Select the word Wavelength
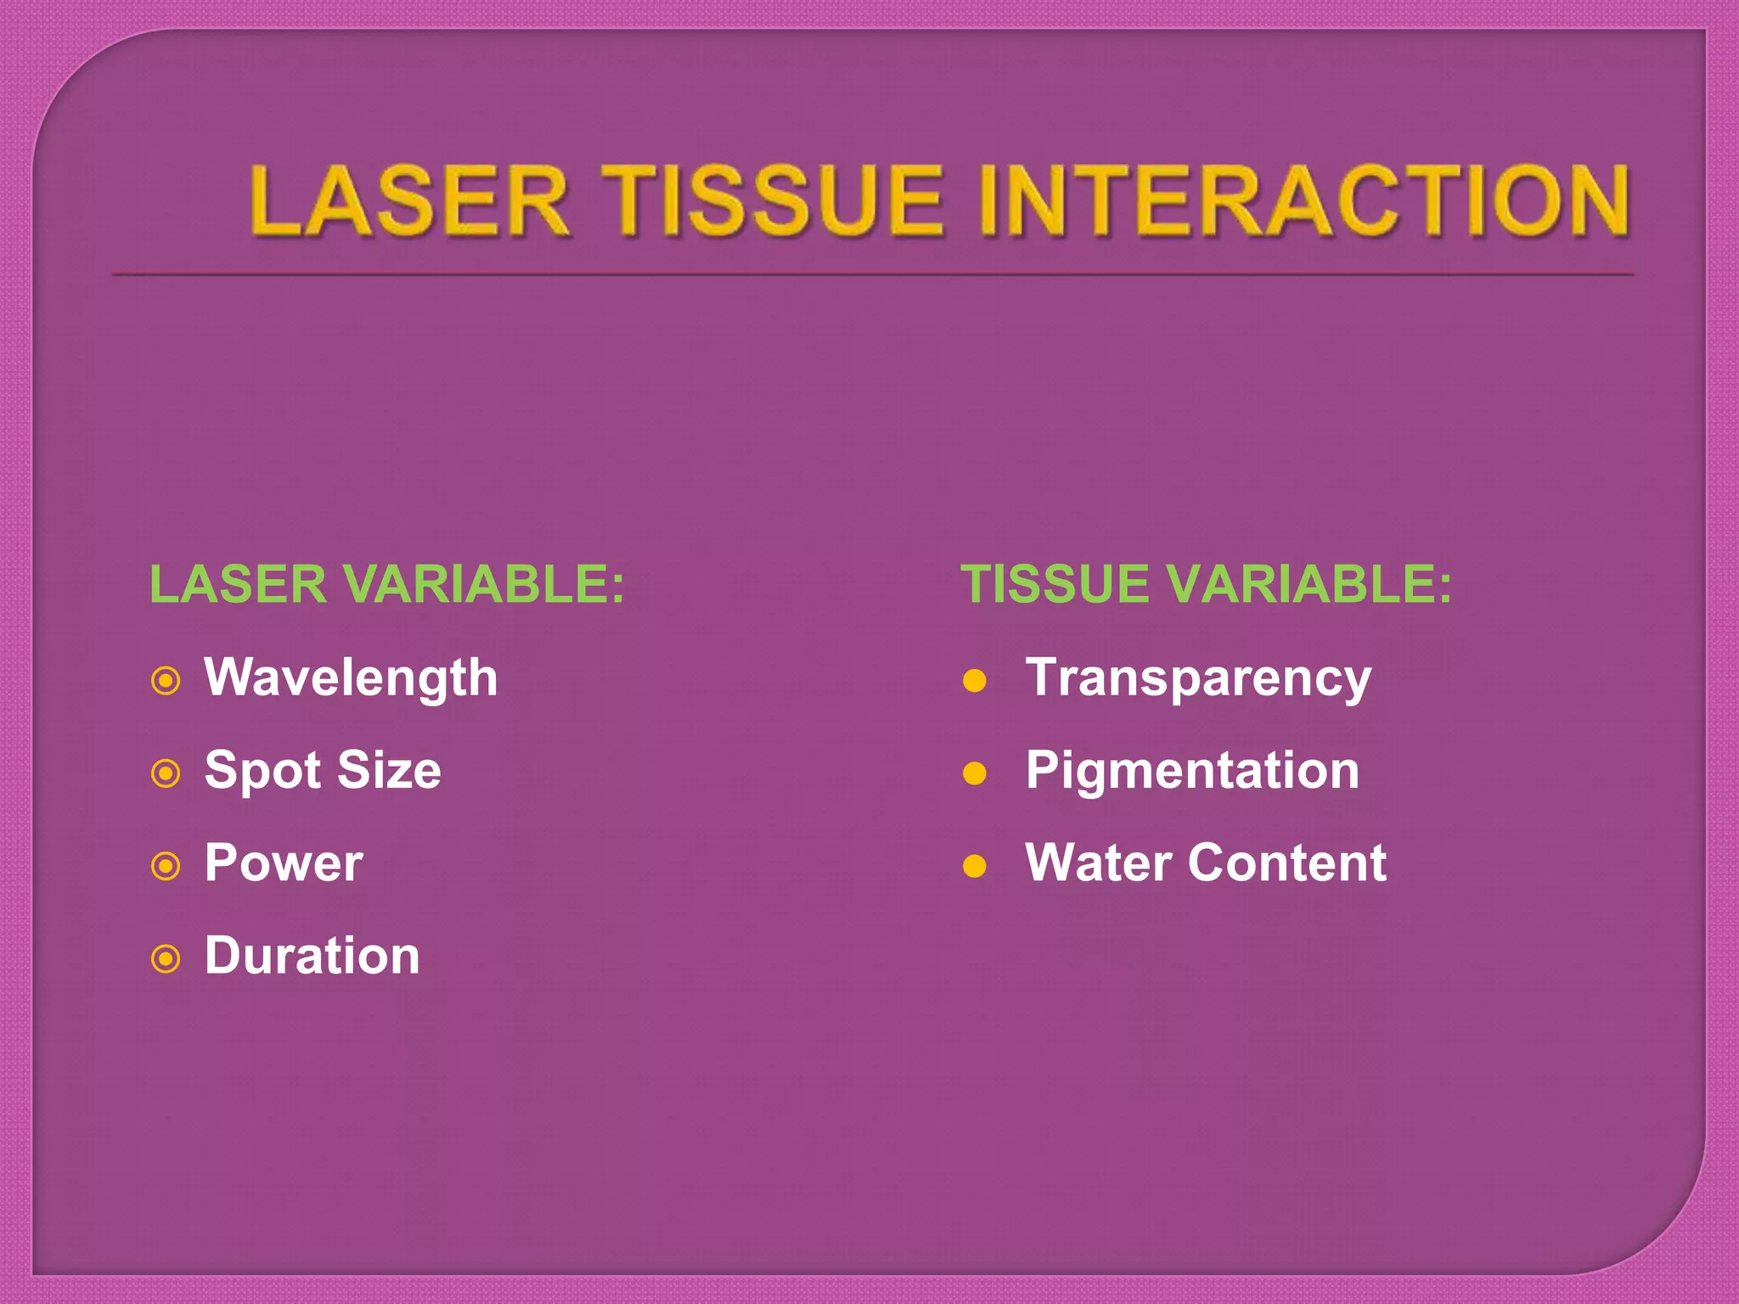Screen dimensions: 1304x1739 pos(351,678)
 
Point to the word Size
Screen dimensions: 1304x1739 pos(389,771)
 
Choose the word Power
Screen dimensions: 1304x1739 pos(284,863)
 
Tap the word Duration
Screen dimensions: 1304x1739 pos(312,956)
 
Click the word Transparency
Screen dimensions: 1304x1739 pos(1198,678)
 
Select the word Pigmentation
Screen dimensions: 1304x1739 pos(1192,771)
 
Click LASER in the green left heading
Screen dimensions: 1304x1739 pos(239,585)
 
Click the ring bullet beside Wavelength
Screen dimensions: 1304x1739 pos(166,681)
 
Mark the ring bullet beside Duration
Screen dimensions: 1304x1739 pos(166,959)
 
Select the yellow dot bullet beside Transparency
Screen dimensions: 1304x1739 pos(975,681)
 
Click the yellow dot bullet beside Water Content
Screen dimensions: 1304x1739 pos(975,866)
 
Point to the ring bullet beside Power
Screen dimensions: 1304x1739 pos(166,866)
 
